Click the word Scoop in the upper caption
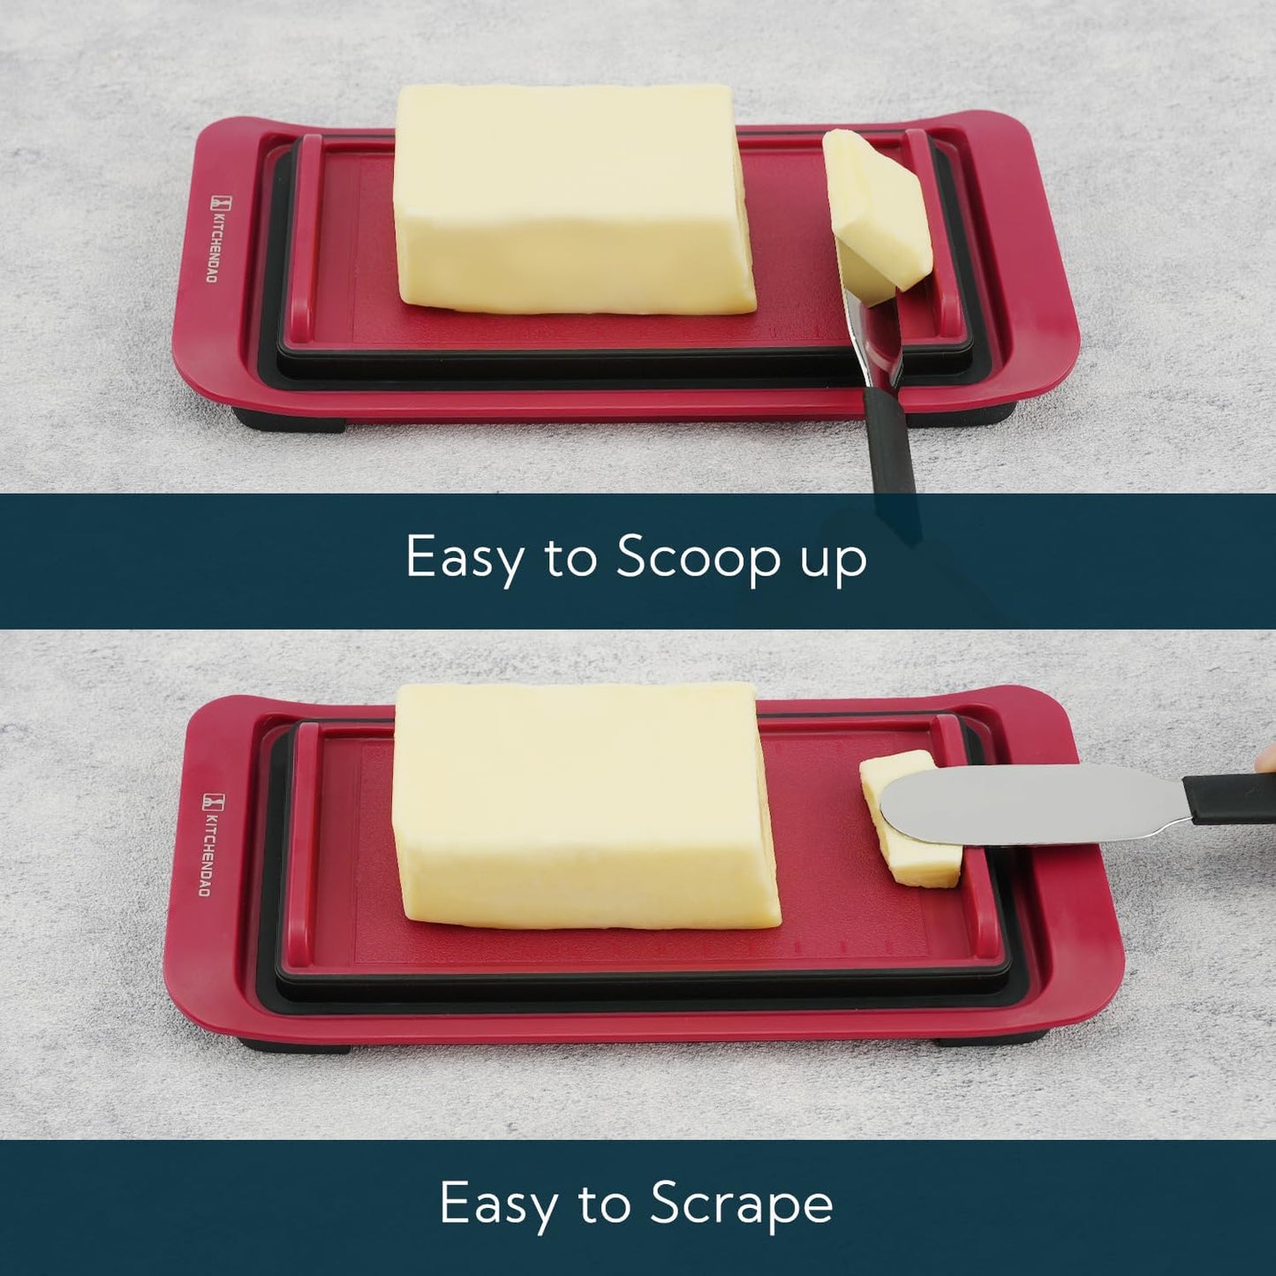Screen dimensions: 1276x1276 coord(698,558)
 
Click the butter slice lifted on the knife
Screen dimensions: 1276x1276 coord(876,212)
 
